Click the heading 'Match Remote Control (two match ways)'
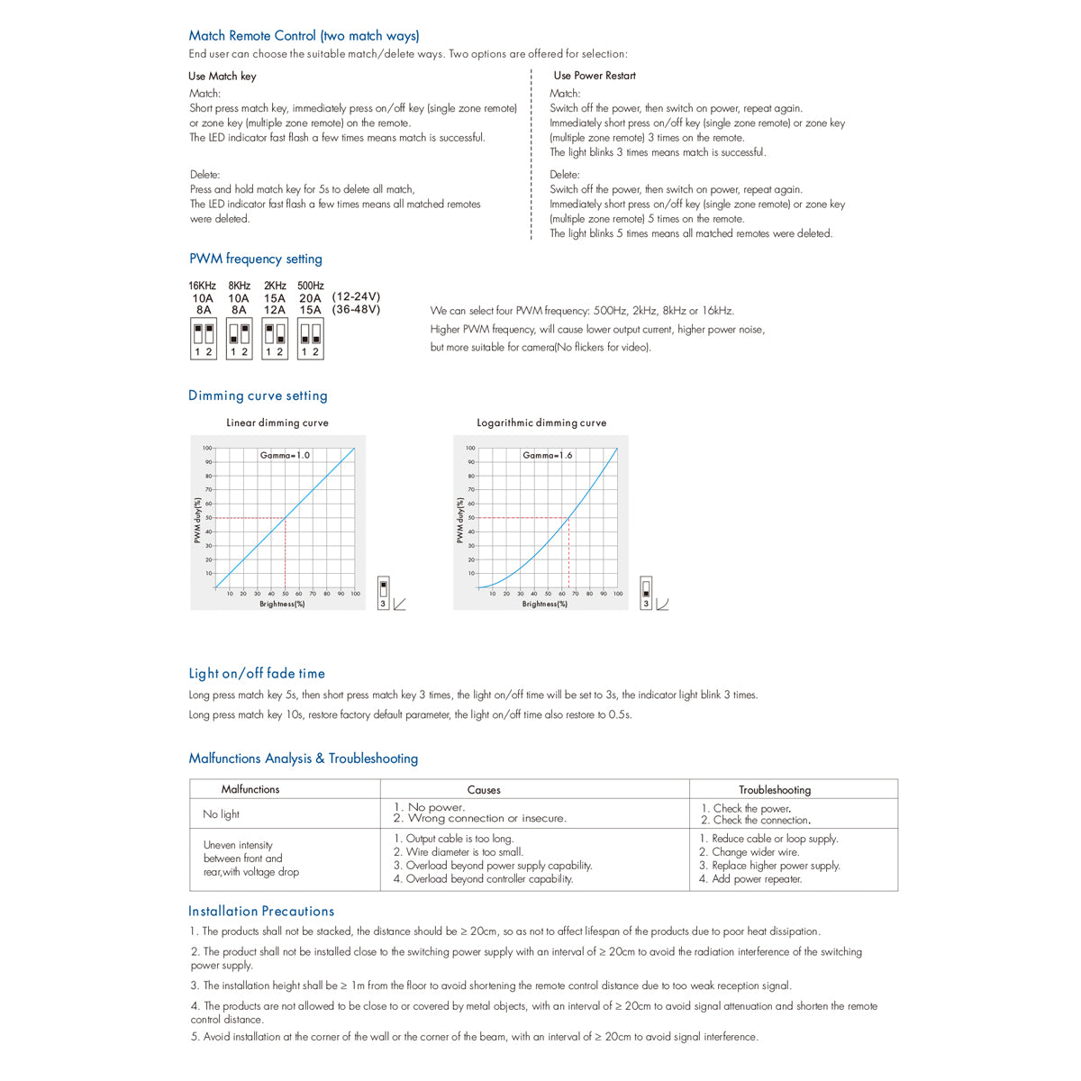tap(304, 36)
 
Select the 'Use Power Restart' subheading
tap(595, 76)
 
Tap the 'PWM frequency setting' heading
tap(255, 259)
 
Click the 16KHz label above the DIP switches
tap(203, 286)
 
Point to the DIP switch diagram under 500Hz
tap(310, 340)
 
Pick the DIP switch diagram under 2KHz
tap(275, 340)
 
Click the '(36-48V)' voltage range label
tap(356, 310)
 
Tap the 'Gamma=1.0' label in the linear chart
tap(285, 456)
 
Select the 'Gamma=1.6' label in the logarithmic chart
tap(548, 456)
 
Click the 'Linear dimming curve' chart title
tap(277, 422)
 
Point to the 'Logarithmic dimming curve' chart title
tap(541, 422)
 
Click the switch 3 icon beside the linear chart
tap(384, 593)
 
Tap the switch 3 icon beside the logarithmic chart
tap(646, 593)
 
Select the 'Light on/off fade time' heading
tap(257, 674)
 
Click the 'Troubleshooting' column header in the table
tap(775, 790)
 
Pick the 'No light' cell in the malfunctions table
tap(221, 814)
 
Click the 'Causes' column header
tap(484, 790)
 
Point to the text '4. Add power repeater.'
tap(750, 879)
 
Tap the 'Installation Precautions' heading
tap(261, 912)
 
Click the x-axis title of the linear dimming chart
tap(282, 604)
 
